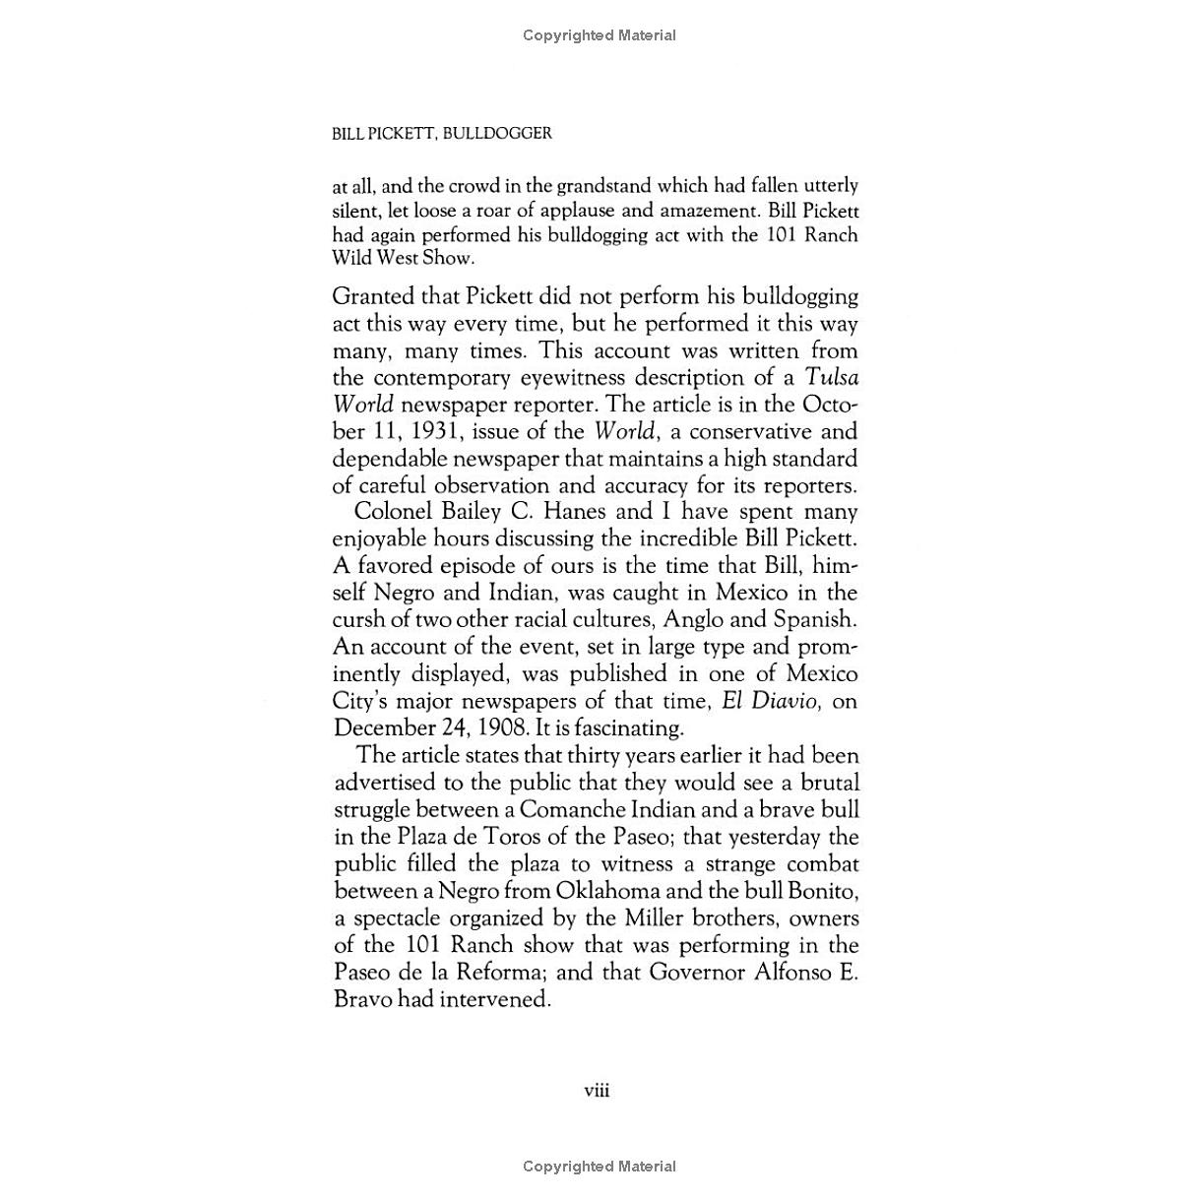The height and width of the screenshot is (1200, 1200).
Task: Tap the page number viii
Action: (x=598, y=1090)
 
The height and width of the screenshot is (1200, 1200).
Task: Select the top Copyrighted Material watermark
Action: (x=600, y=35)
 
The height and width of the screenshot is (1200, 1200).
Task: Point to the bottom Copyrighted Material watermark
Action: (x=600, y=1167)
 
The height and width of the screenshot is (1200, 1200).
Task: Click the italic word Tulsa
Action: (x=832, y=377)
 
